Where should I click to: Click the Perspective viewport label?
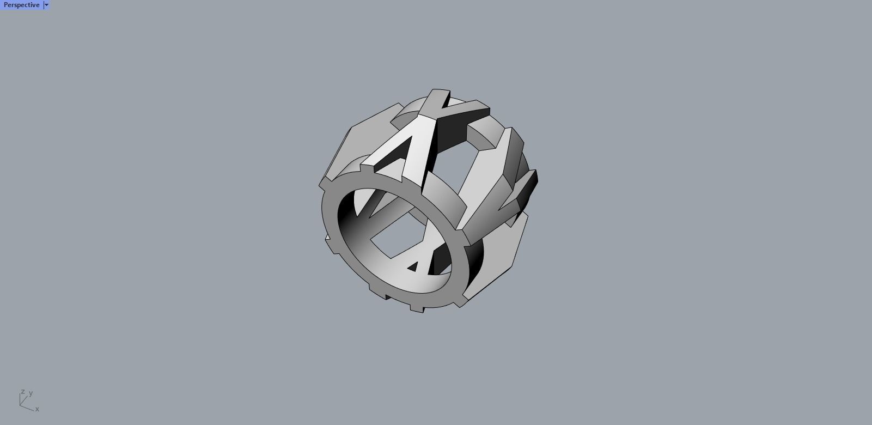coord(21,5)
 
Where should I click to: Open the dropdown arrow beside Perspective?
coord(46,5)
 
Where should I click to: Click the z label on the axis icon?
coord(22,392)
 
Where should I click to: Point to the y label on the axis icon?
coord(31,393)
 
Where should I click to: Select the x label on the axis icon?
coord(37,409)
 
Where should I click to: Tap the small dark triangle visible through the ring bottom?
coord(413,266)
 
